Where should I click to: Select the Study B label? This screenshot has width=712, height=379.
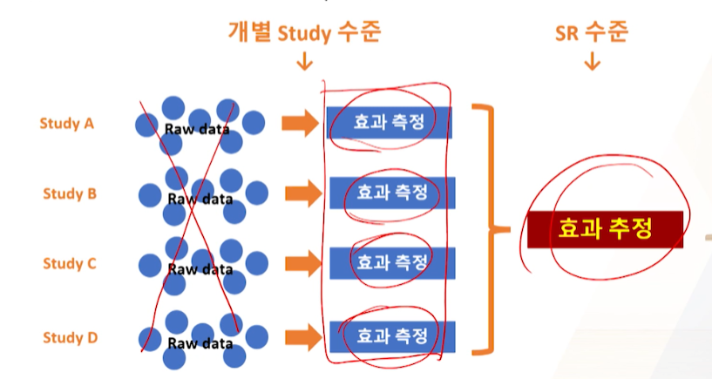click(x=69, y=193)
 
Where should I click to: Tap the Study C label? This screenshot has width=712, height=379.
click(x=69, y=263)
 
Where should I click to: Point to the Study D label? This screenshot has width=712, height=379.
click(x=69, y=336)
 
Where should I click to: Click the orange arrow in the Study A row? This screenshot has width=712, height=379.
click(x=300, y=124)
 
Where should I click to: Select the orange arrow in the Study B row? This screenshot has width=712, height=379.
click(x=303, y=193)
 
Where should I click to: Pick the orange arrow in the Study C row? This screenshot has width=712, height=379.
click(x=303, y=262)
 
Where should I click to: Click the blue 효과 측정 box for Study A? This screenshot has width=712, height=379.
click(x=389, y=123)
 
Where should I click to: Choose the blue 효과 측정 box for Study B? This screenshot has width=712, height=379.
click(x=391, y=192)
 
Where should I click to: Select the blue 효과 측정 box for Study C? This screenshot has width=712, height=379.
click(x=391, y=261)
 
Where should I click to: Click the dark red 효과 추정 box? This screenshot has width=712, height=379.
click(x=604, y=229)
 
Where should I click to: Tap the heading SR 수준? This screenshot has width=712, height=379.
click(x=592, y=33)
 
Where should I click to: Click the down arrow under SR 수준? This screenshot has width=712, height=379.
click(x=592, y=62)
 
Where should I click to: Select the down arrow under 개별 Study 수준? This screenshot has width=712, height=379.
click(x=304, y=62)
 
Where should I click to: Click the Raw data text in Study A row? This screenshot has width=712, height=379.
click(x=197, y=130)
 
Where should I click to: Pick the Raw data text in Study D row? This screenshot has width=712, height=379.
click(x=200, y=343)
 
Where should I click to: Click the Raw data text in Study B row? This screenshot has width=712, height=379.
click(x=200, y=200)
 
